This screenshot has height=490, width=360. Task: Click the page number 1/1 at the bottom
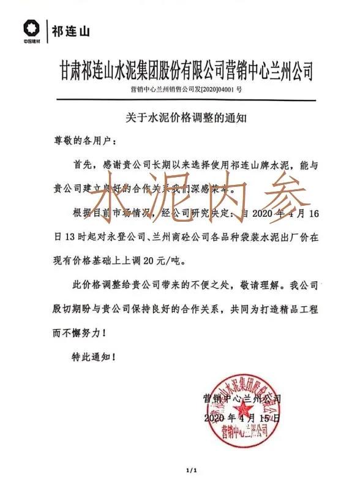tap(191, 470)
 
